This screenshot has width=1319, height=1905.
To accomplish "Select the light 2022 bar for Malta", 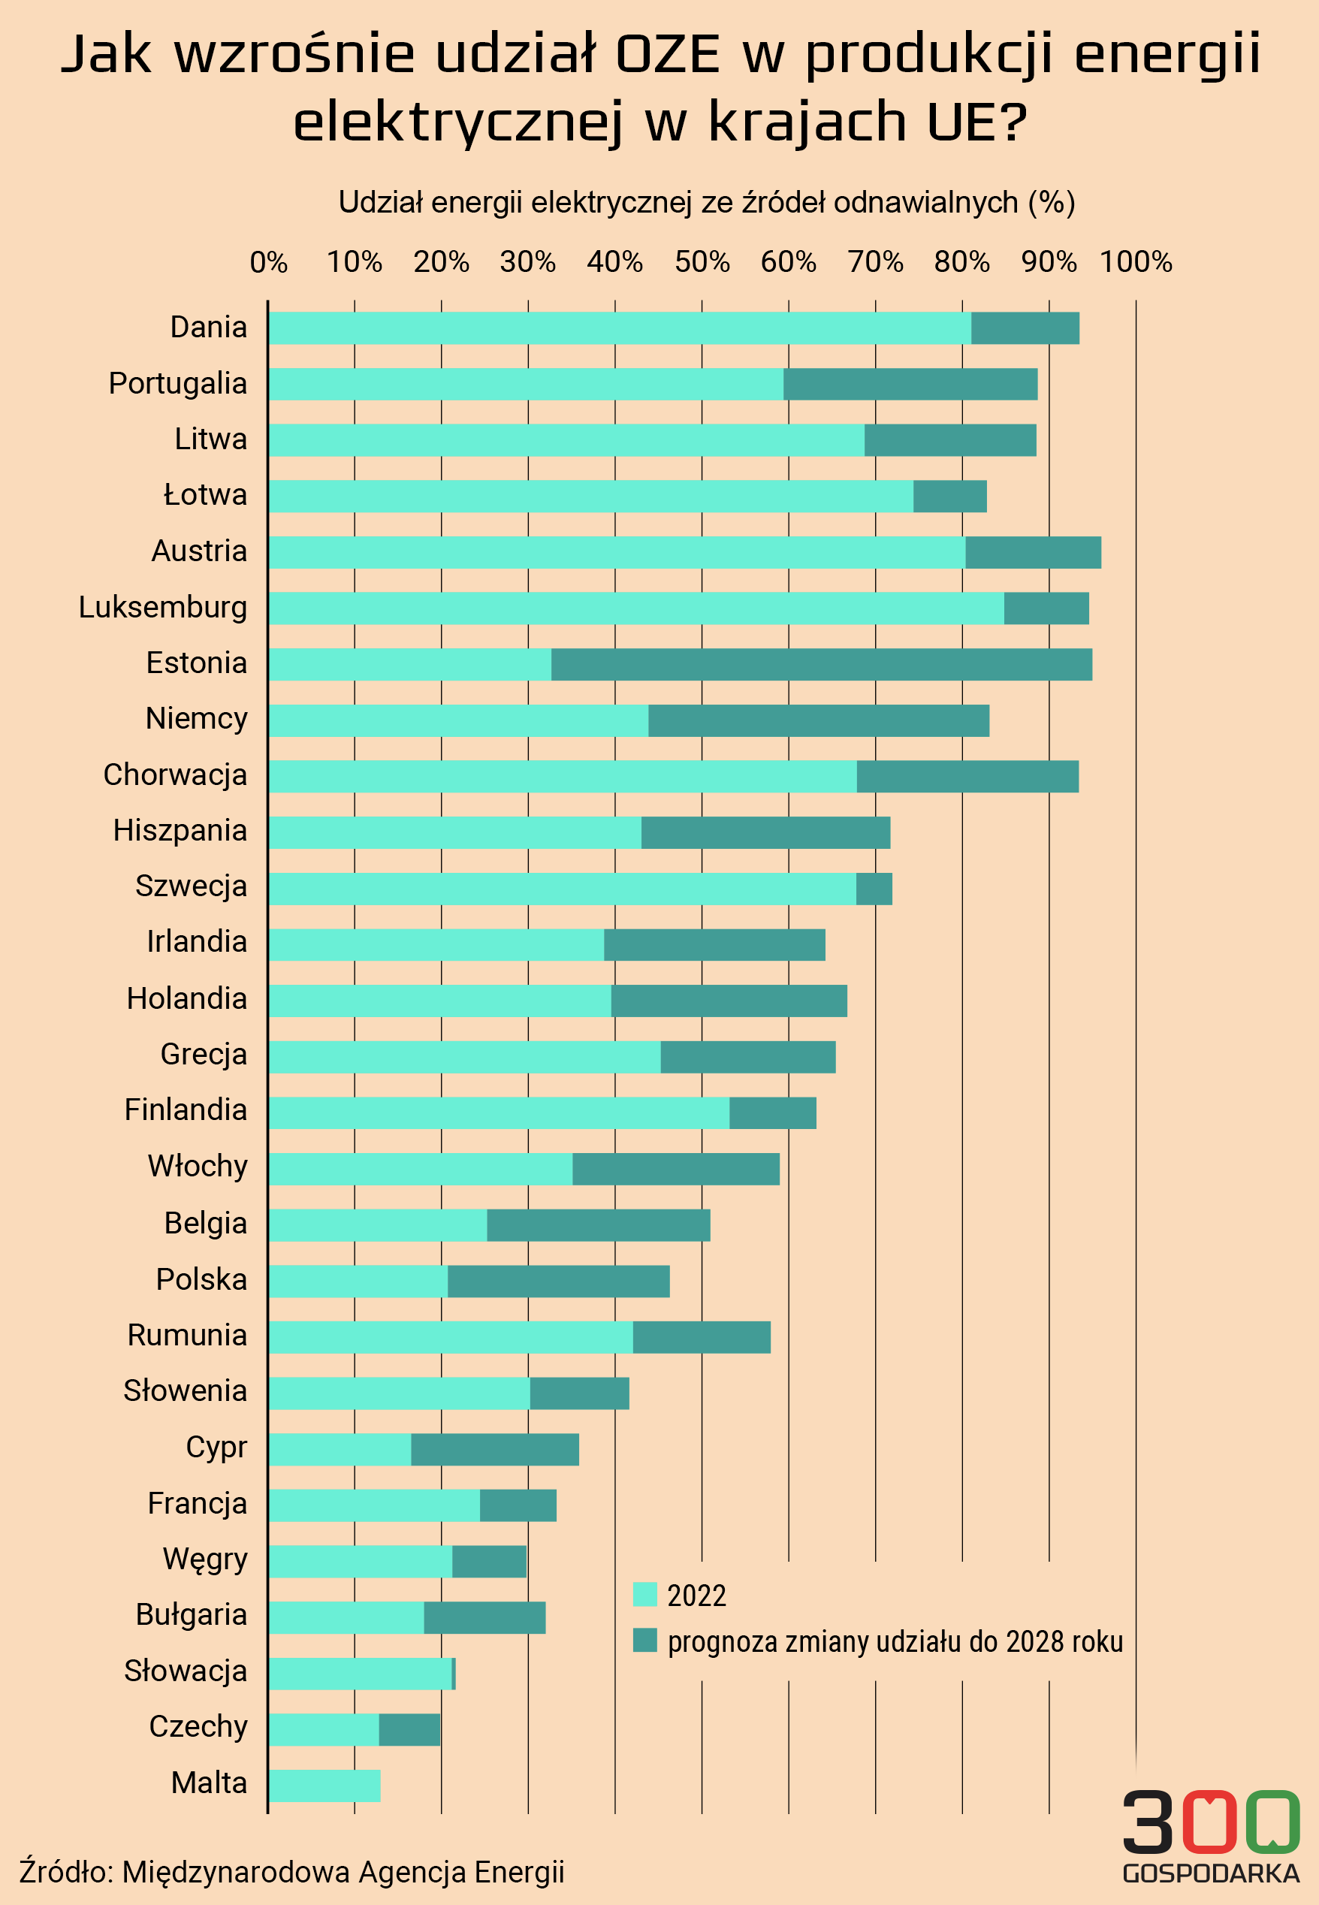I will pos(324,1785).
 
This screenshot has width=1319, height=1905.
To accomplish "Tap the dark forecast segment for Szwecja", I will pos(874,889).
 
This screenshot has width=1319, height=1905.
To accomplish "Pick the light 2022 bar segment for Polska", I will pos(358,1281).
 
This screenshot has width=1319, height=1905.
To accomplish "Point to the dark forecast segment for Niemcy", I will pos(818,720).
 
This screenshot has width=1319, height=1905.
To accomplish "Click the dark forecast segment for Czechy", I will pos(409,1730).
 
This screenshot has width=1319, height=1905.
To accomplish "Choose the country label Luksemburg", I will pos(163,607).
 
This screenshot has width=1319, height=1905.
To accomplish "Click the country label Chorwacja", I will pos(175,774).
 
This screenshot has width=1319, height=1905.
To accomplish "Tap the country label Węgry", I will pos(205,1559).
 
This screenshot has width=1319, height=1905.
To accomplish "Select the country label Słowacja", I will pos(185,1671).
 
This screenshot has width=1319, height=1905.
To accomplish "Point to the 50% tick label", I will pos(702,262).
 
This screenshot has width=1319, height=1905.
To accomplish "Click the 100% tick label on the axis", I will pos(1136,262).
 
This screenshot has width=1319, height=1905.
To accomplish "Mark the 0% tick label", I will pos(269,262).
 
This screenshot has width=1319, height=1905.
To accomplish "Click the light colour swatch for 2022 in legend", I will pos(644,1594).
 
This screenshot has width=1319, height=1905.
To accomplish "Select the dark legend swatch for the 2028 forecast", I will pos(644,1641).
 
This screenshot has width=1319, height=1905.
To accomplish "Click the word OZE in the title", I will pos(668,55).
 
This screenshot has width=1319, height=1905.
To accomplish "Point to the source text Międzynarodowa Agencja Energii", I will pos(343,1871).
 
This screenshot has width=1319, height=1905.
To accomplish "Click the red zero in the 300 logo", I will pos(1209,1822).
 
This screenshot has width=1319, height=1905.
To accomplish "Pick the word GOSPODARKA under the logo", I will pos(1211,1873).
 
